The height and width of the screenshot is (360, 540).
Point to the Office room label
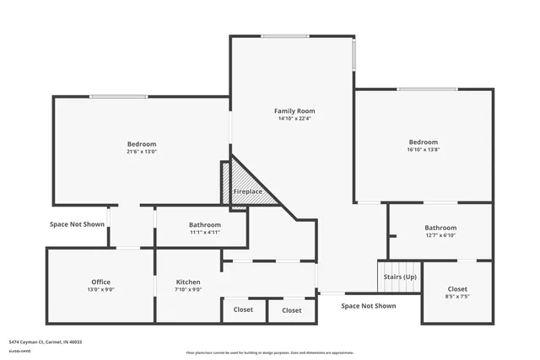(100, 282)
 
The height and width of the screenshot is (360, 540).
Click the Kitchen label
(188, 282)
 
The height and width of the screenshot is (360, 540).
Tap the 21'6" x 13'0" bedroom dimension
(142, 152)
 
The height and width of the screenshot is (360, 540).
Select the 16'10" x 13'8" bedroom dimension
(424, 150)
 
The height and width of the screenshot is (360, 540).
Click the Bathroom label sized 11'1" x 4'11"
(204, 225)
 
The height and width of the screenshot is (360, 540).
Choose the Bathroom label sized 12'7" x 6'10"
(440, 228)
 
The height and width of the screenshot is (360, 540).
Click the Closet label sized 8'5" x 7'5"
(457, 288)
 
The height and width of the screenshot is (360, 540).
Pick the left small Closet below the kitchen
(243, 310)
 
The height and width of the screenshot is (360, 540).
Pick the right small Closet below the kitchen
(292, 310)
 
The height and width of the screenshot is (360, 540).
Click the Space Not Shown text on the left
(77, 224)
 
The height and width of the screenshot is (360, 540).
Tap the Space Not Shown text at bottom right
(368, 306)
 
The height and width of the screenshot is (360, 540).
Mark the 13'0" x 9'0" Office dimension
(100, 290)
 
